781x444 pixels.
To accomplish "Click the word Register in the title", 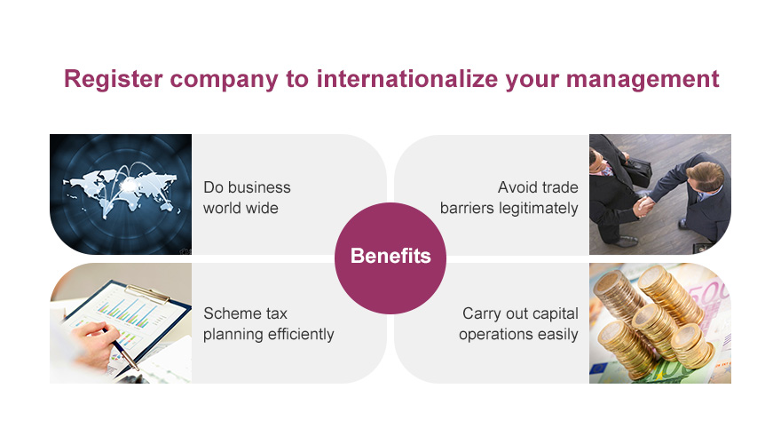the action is (113, 80).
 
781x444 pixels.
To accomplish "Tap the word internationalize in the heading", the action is (407, 79).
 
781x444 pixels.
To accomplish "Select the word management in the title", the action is (643, 80).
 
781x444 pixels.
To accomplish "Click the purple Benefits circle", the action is (390, 258).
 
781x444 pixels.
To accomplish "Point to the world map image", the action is (121, 194).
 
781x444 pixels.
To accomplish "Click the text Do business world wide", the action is (247, 197).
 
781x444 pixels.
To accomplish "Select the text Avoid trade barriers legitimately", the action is (509, 198).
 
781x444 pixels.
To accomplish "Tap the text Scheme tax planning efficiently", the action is (268, 324).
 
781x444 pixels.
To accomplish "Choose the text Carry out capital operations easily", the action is (518, 324).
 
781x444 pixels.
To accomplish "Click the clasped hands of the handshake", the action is (643, 206).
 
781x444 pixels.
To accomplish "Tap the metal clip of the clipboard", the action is (148, 294).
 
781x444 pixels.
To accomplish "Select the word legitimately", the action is (538, 209).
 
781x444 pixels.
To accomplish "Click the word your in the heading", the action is (532, 82).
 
